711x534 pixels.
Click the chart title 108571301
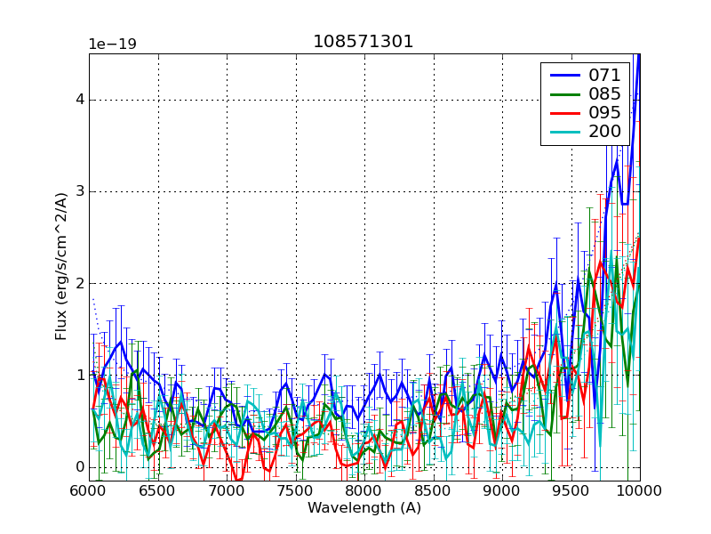click(x=363, y=42)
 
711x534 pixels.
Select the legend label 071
click(x=604, y=75)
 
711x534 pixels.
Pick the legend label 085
click(x=604, y=93)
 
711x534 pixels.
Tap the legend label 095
click(x=604, y=113)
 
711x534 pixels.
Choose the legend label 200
click(x=604, y=132)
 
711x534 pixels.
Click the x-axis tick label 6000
click(x=89, y=490)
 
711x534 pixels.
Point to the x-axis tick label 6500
click(x=158, y=490)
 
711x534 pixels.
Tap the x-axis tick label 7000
click(x=227, y=490)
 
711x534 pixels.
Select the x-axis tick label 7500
click(x=296, y=490)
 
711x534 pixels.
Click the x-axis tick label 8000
click(x=364, y=490)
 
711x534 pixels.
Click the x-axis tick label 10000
click(x=638, y=490)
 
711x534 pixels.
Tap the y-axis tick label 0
click(x=79, y=467)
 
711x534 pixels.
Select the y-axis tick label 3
click(x=79, y=191)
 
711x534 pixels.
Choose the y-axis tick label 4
click(x=79, y=100)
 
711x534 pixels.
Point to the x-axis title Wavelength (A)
click(x=364, y=508)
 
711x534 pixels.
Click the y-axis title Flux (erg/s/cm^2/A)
click(x=61, y=267)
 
